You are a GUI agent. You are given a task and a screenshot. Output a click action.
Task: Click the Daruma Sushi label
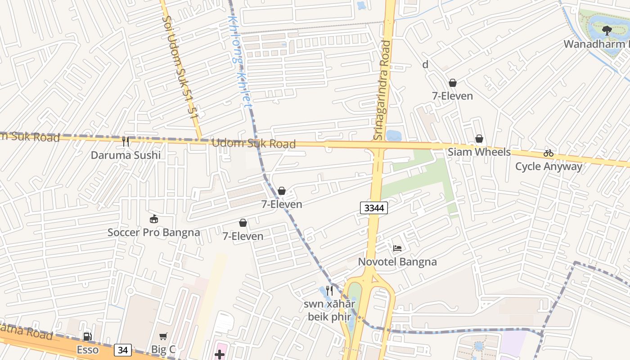point(126,155)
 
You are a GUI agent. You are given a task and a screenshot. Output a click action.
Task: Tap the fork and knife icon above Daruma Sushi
point(126,142)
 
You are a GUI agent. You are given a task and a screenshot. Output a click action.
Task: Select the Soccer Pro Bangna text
point(153,233)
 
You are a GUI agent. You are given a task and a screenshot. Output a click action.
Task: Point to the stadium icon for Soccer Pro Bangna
point(154,219)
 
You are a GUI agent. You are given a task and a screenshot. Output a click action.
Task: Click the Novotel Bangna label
point(397,262)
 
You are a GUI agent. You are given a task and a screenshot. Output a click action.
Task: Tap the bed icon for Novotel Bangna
point(397,248)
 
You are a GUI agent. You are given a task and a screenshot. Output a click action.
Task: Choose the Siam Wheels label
point(479,152)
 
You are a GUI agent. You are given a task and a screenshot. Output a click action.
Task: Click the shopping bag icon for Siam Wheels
point(479,139)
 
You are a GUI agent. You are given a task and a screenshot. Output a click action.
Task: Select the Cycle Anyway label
point(549,166)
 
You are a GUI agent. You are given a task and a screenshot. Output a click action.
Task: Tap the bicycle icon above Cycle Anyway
point(548,153)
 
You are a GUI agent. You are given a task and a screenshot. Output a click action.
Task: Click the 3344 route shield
point(374,208)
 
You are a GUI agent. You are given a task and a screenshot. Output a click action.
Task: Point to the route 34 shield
point(123,350)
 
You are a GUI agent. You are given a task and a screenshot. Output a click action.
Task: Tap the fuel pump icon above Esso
point(88,337)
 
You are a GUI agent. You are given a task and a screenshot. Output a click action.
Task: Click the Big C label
point(163,350)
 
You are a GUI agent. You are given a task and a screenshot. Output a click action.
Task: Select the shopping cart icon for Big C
point(163,337)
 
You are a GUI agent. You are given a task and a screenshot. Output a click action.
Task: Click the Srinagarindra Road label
point(382,90)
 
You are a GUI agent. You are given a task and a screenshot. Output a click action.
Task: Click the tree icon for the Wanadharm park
point(607,31)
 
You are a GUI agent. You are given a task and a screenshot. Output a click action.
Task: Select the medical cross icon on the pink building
point(220,355)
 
